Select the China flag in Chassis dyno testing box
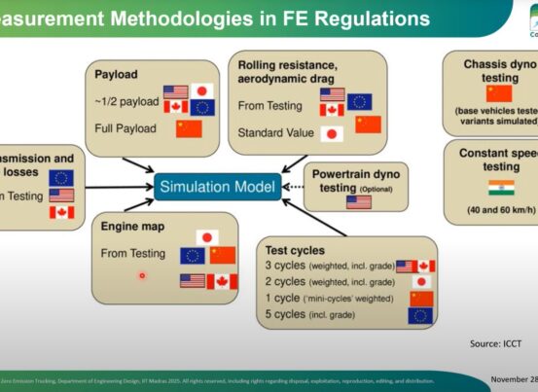pos(498,93)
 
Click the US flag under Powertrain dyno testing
pos(358,201)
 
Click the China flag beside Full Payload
pos(189,127)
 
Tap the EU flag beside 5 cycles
pos(421,314)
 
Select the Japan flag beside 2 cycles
pos(421,282)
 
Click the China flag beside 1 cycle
pos(421,299)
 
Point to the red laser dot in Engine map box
pos(142,275)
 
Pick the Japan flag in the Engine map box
pos(205,236)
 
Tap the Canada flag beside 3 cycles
pos(426,266)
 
